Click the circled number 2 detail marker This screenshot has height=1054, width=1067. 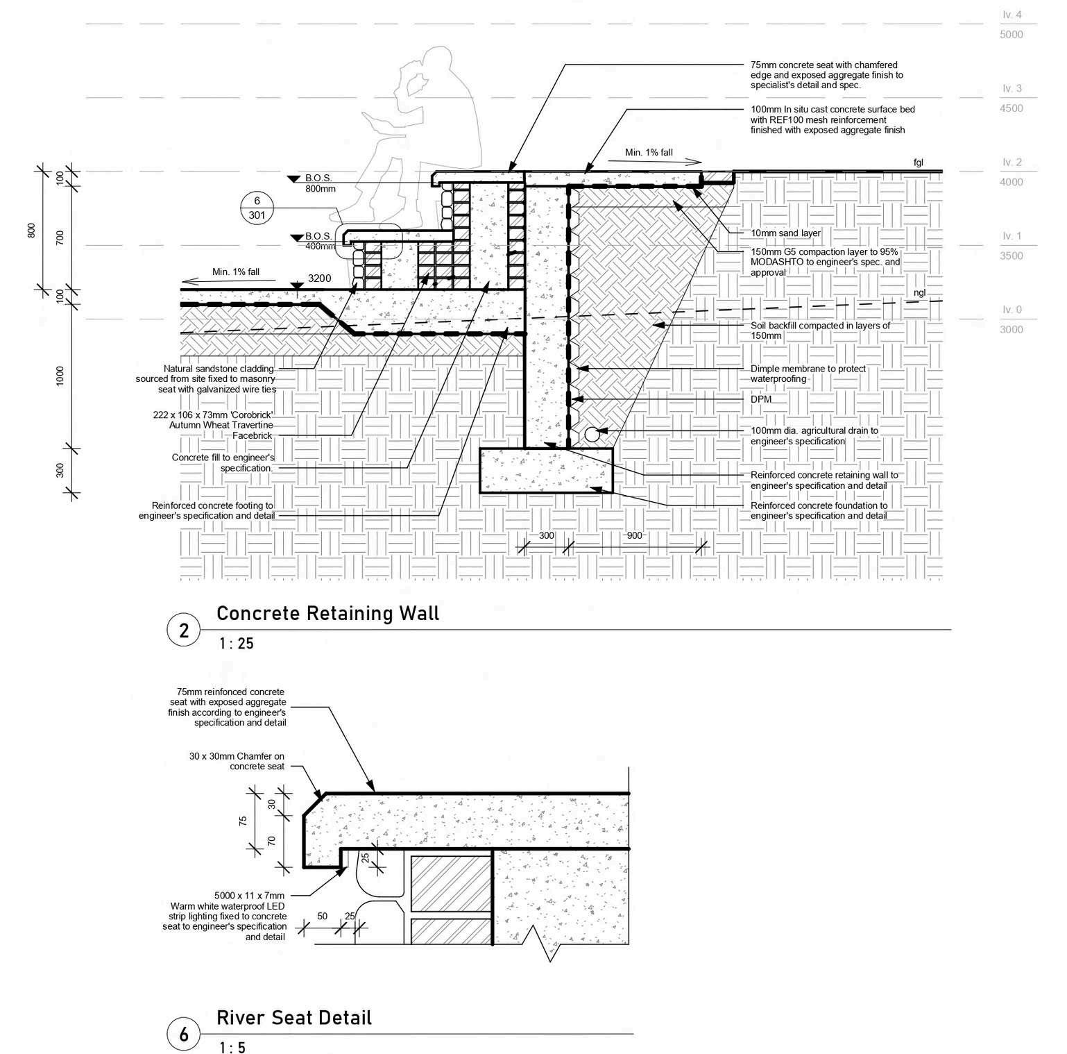tap(184, 630)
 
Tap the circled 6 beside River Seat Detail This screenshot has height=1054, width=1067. tap(184, 1035)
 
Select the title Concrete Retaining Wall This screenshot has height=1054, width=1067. tap(327, 613)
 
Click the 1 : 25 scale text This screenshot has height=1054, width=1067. tap(236, 644)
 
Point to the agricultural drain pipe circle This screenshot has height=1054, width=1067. tap(592, 434)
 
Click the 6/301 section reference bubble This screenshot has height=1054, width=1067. tap(257, 208)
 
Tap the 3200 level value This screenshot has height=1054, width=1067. tap(319, 278)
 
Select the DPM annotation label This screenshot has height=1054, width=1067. tap(761, 400)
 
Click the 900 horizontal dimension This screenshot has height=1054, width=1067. tap(634, 536)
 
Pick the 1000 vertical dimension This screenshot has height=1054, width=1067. tap(60, 376)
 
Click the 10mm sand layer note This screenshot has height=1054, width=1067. tap(785, 233)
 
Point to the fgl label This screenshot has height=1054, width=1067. tap(919, 162)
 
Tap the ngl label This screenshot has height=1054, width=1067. tap(919, 292)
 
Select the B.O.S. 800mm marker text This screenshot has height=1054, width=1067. tap(320, 183)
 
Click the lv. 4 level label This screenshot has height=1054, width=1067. tap(1012, 15)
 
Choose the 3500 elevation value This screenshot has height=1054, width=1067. tap(1011, 256)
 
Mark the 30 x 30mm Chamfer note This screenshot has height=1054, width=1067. tap(237, 761)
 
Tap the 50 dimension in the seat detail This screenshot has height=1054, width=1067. tap(322, 917)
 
